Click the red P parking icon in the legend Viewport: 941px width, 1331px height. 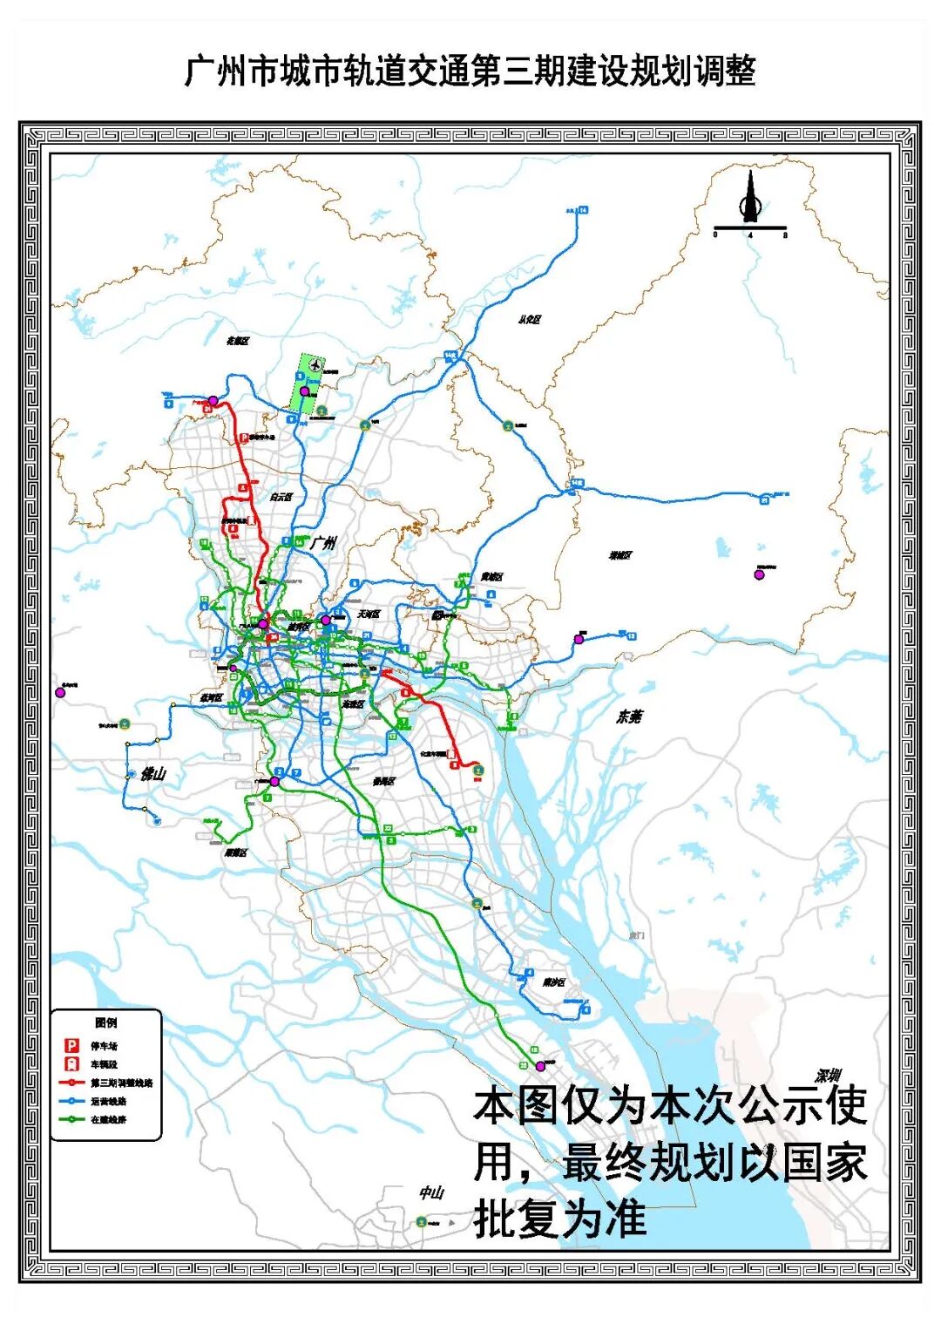[x=72, y=1045]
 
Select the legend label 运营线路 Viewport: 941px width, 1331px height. [x=109, y=1101]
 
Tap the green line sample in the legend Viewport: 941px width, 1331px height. [x=71, y=1119]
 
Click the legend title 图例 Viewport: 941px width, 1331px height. [x=105, y=1022]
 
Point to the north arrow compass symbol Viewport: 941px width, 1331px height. [x=750, y=200]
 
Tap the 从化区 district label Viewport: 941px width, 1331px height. [x=529, y=320]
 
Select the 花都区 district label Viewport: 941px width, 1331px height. [x=238, y=341]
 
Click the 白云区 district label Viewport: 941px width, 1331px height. [x=281, y=497]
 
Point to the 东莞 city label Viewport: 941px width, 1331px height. [x=629, y=716]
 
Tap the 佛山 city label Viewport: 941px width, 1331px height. [x=152, y=774]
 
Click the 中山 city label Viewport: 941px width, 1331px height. [x=431, y=1192]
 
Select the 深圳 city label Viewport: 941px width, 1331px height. [x=828, y=1076]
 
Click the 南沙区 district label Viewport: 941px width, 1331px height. [x=553, y=982]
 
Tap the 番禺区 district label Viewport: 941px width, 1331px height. [x=384, y=782]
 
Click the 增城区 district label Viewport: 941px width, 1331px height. [x=620, y=555]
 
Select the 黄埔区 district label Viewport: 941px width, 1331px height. [x=491, y=577]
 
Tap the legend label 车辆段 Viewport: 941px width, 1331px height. [x=104, y=1064]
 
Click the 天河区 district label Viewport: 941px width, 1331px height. [x=368, y=615]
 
